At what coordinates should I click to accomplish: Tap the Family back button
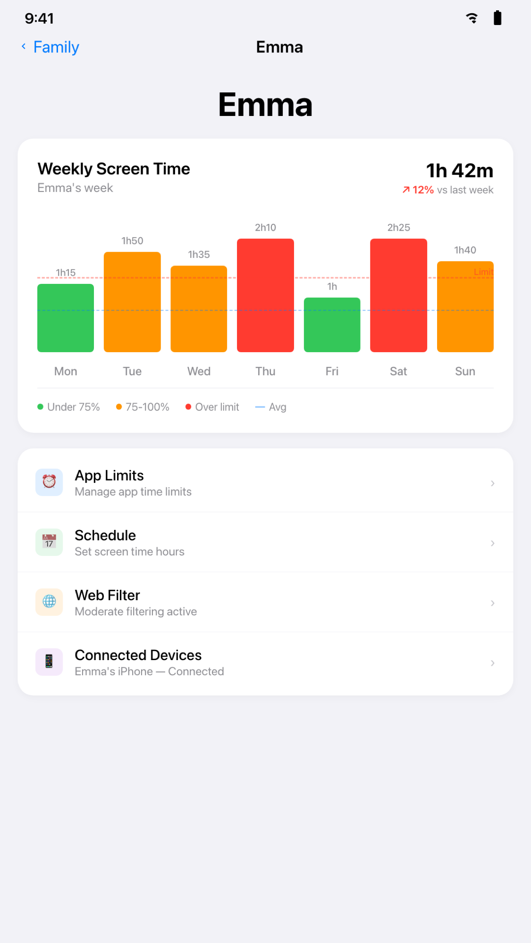[x=50, y=47]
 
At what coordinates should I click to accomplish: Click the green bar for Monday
[x=66, y=318]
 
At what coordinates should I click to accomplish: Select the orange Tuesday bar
[x=132, y=302]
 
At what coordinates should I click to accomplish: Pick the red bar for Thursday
[x=265, y=295]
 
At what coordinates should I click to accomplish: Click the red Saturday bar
[x=398, y=295]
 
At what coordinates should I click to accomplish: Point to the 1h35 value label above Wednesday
[x=199, y=255]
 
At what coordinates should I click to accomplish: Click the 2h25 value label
[x=398, y=228]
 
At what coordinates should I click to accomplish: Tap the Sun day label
[x=465, y=372]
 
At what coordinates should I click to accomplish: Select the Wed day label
[x=199, y=372]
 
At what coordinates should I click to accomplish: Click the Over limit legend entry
[x=212, y=407]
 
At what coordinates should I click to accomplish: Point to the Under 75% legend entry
[x=69, y=407]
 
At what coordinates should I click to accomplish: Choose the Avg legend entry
[x=271, y=407]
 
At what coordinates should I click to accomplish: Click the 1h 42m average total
[x=459, y=171]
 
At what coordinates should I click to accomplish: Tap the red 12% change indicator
[x=418, y=190]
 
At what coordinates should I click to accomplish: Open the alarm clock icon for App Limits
[x=49, y=482]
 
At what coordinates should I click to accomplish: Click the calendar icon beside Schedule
[x=49, y=542]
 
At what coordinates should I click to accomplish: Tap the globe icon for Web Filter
[x=49, y=602]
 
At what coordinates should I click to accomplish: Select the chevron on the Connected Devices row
[x=492, y=663]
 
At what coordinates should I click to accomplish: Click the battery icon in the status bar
[x=497, y=18]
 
